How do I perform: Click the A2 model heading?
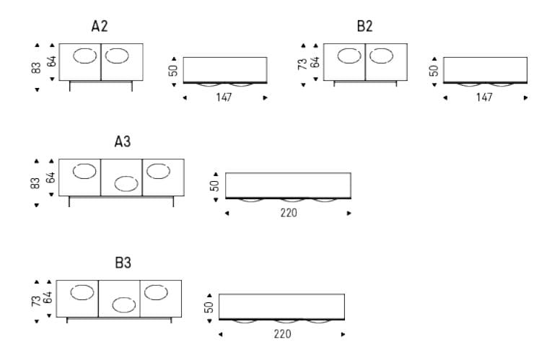pyautogui.click(x=100, y=26)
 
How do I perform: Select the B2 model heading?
pyautogui.click(x=364, y=26)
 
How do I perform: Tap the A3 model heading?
pyautogui.click(x=123, y=141)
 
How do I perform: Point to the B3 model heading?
pyautogui.click(x=123, y=263)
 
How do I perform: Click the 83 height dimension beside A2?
pyautogui.click(x=36, y=68)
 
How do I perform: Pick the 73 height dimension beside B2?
pyautogui.click(x=302, y=64)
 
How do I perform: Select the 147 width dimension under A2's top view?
pyautogui.click(x=224, y=97)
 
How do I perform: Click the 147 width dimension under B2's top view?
pyautogui.click(x=484, y=97)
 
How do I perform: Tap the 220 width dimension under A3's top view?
pyautogui.click(x=289, y=212)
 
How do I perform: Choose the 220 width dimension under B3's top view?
pyautogui.click(x=282, y=334)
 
